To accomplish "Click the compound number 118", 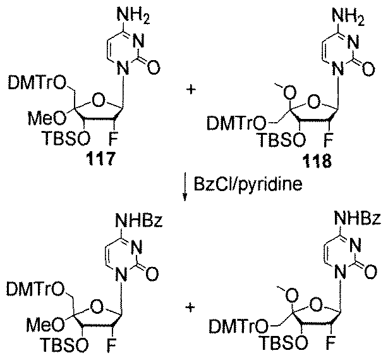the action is click(317, 161).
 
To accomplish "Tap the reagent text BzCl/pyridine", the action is click(248, 184).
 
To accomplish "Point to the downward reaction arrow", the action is click(185, 188).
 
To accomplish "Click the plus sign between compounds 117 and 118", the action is click(191, 90).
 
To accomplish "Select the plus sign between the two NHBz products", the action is click(191, 309).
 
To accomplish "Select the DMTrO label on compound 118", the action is click(236, 123).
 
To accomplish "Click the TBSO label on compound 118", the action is click(281, 139).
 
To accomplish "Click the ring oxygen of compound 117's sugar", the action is click(98, 101).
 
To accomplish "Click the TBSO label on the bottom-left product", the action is click(65, 345).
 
